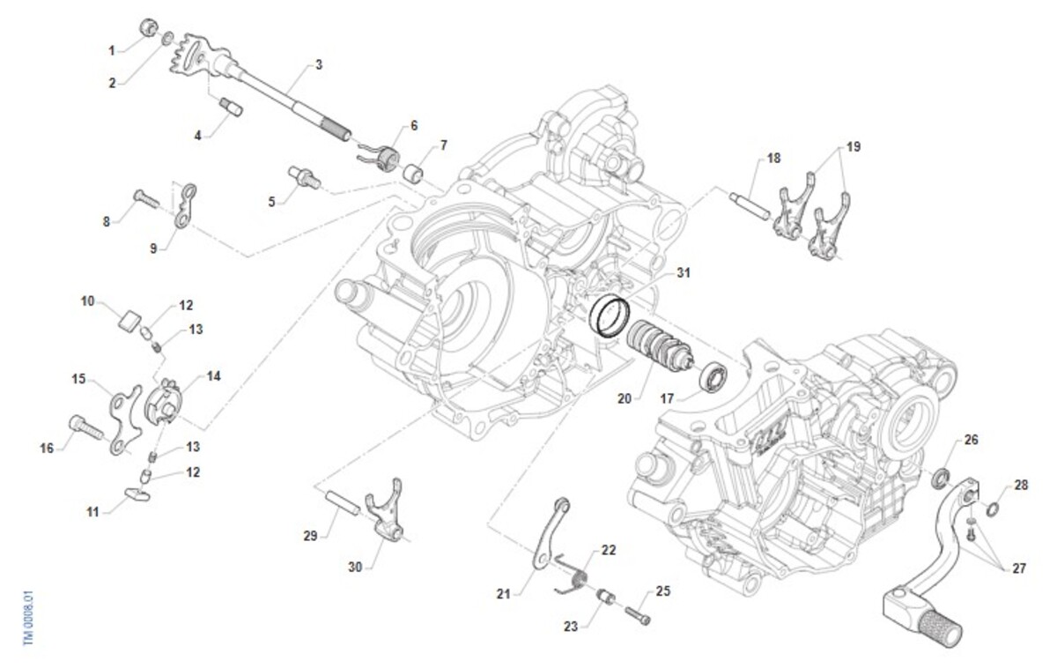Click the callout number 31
(684, 273)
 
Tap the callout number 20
(625, 399)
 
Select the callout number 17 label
(667, 399)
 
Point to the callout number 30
(355, 567)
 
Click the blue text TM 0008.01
(29, 618)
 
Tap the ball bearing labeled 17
(713, 378)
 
